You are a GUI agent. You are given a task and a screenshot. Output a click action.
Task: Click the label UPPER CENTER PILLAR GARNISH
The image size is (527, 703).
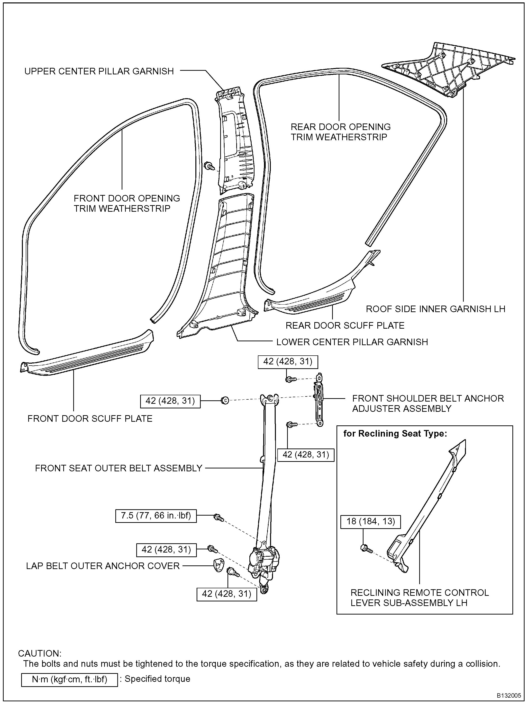[99, 71]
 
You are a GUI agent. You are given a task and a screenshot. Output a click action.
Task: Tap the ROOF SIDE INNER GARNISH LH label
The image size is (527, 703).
[436, 309]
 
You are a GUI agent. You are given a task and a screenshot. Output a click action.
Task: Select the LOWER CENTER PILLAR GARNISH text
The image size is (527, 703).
[352, 342]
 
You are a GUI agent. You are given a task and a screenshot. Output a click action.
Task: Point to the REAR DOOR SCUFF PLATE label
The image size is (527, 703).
[345, 325]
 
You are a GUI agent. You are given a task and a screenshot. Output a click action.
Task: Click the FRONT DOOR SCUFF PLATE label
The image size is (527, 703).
[90, 419]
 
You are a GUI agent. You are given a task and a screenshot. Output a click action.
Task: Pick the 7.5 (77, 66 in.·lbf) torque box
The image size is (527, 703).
[156, 516]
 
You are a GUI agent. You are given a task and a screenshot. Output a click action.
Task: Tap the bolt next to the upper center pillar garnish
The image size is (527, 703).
[209, 166]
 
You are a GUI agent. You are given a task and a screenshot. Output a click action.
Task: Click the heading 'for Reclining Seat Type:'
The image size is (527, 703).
[395, 434]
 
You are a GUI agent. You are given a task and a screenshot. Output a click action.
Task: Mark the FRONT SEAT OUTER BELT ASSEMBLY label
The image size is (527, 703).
[119, 468]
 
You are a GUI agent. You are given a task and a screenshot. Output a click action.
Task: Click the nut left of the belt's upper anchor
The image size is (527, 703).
[225, 400]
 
